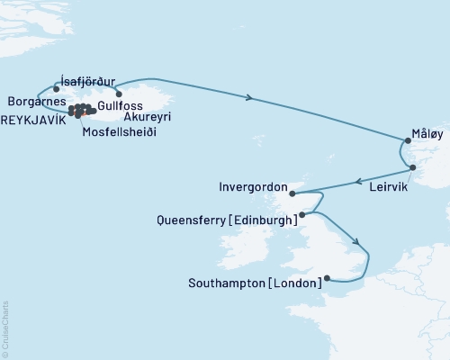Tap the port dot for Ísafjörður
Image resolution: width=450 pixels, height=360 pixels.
(57, 89)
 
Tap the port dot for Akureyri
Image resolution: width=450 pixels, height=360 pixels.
(119, 93)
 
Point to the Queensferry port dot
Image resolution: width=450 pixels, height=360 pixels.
(302, 214)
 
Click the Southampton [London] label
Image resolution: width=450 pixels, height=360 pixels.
(256, 283)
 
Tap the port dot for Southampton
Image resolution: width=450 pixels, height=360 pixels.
(327, 279)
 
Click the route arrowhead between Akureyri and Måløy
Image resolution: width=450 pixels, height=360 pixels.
(247, 97)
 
